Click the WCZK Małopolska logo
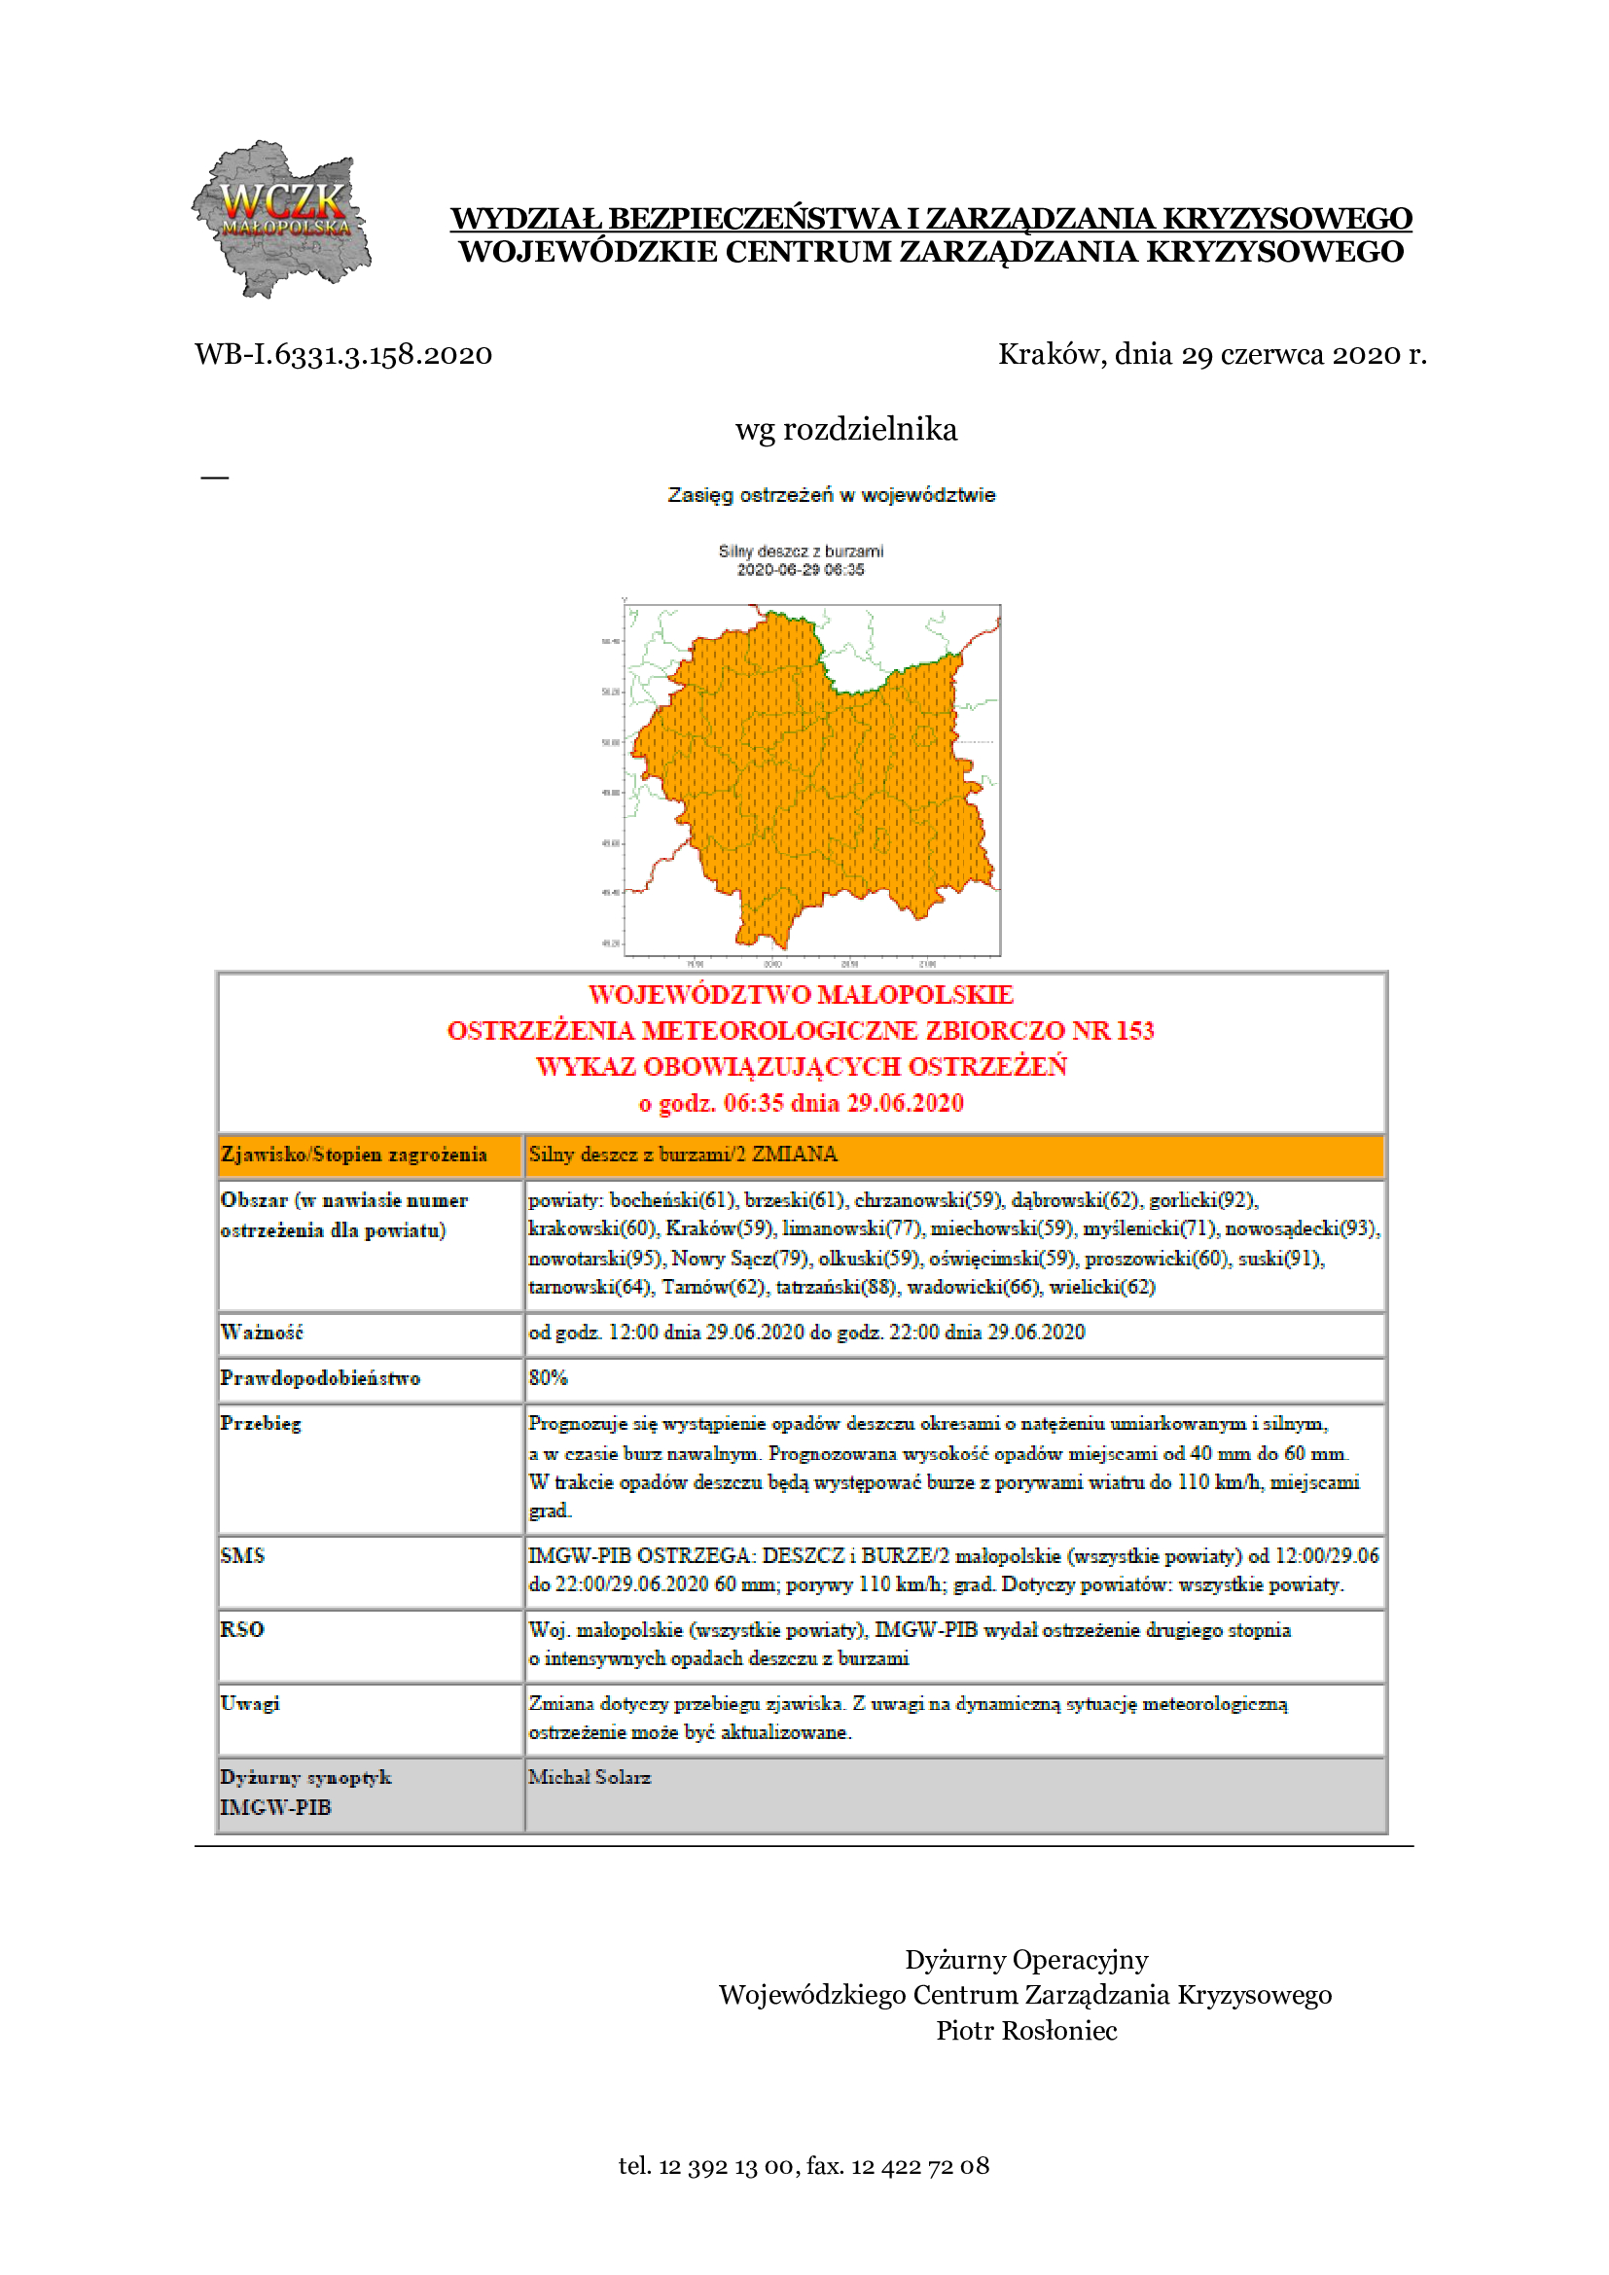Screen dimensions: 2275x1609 tap(281, 219)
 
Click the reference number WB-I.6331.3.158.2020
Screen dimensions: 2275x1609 tap(342, 354)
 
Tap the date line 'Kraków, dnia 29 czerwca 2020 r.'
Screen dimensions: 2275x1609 tap(1212, 354)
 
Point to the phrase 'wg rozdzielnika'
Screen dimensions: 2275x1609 tap(845, 429)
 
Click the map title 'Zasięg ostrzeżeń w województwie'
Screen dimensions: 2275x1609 tap(830, 494)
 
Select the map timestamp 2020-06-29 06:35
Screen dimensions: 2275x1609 tap(800, 570)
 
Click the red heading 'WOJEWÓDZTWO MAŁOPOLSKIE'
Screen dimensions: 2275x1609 tap(801, 994)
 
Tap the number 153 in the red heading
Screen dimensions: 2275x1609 tap(1134, 1030)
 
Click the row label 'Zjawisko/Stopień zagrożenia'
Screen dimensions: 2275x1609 tap(354, 1155)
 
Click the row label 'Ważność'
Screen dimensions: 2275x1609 tap(262, 1333)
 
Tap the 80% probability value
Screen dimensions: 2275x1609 tap(548, 1378)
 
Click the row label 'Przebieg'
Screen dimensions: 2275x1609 tap(261, 1424)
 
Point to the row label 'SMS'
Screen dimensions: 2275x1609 tap(243, 1555)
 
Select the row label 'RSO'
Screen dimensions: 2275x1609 tap(242, 1630)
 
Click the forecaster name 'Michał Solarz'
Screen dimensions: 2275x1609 tap(590, 1778)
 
